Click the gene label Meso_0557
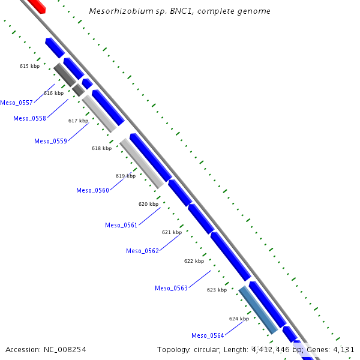tap(16, 103)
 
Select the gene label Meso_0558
tap(29, 118)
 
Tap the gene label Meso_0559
tap(50, 141)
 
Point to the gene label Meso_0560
tap(92, 190)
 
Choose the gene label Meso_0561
tap(121, 225)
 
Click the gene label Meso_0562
tap(142, 251)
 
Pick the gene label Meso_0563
tap(171, 288)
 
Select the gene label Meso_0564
tap(208, 335)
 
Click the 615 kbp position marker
tap(29, 66)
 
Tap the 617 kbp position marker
tap(78, 121)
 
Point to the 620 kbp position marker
tap(148, 204)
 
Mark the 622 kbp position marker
tap(194, 261)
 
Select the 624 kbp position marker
tap(239, 319)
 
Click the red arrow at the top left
tap(37, 5)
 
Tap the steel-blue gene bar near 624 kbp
tap(258, 310)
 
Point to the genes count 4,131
tap(344, 349)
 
